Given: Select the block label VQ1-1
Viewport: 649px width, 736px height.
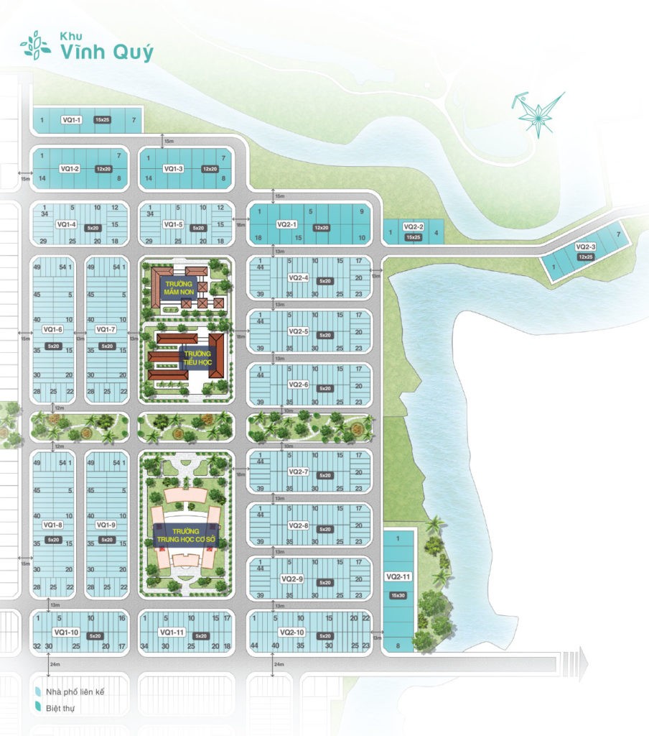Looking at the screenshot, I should tap(73, 119).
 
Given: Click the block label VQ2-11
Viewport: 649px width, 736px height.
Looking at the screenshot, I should tap(398, 576).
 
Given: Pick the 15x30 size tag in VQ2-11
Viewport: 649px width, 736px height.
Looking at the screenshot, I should tap(398, 594).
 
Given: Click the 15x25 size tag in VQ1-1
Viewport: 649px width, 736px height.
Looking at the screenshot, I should tap(101, 119).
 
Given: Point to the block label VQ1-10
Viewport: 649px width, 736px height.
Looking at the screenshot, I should tap(65, 632).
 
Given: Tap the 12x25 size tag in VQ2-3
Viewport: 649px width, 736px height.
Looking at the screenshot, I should tap(586, 257).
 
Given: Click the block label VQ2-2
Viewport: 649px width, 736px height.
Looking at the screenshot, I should tap(414, 227).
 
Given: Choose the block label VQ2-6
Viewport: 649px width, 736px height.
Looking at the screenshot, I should tap(299, 385).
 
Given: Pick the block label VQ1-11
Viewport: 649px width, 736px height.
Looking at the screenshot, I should tap(172, 632).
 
